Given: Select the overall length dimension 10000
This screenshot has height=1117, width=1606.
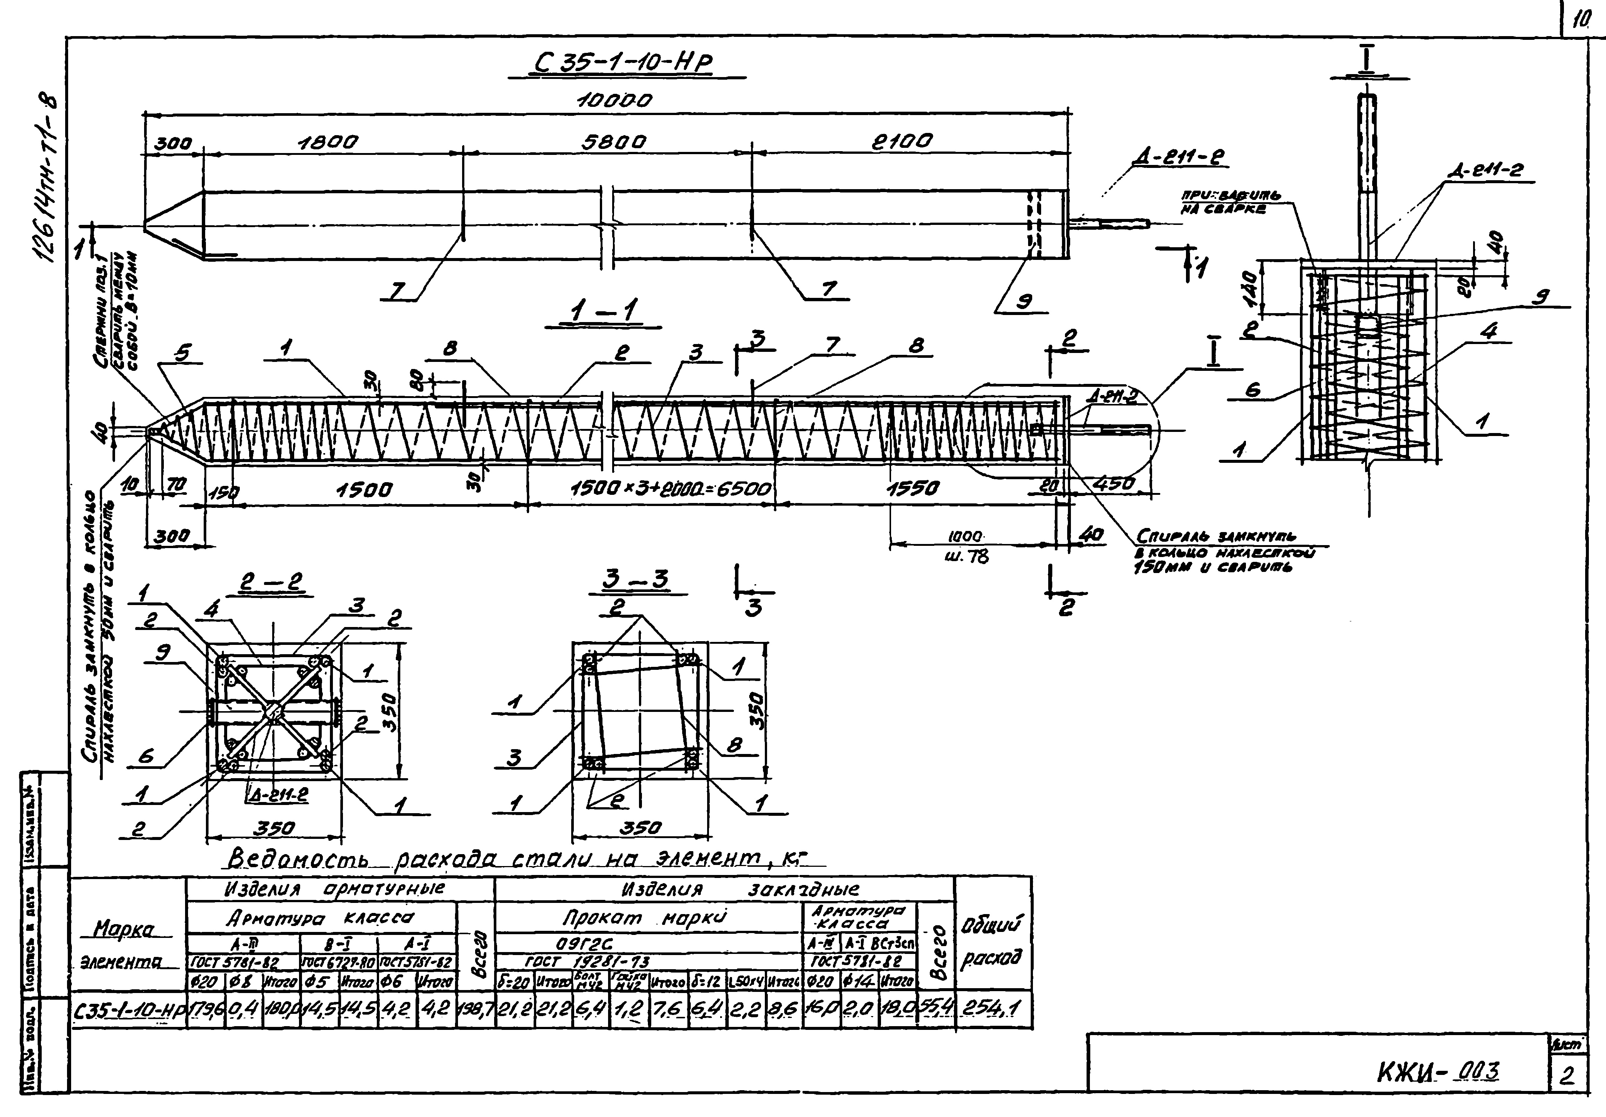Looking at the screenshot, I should (x=613, y=101).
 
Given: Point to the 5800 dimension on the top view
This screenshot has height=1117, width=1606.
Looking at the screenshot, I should (x=613, y=142).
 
